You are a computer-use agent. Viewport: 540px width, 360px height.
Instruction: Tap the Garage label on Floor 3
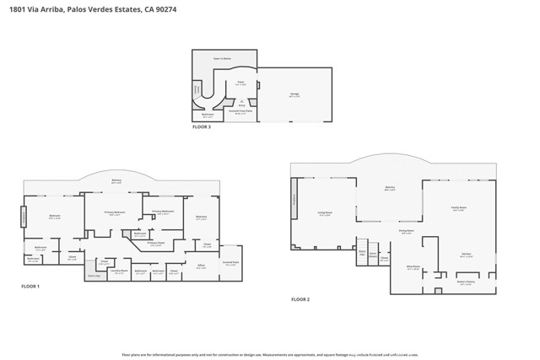click(294, 94)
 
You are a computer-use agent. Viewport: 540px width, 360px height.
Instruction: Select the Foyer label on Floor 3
click(240, 83)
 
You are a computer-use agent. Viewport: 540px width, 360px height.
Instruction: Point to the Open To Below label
click(223, 58)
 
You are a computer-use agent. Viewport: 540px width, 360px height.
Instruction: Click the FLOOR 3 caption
click(202, 126)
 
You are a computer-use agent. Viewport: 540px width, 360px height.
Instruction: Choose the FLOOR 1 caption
click(30, 287)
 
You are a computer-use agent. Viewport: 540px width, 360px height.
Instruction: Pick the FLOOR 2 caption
click(300, 299)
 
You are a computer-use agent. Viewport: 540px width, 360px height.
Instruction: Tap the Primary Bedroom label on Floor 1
click(115, 212)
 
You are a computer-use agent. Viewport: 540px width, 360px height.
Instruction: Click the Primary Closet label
click(155, 243)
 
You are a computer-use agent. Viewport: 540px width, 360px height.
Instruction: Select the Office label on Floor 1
click(202, 266)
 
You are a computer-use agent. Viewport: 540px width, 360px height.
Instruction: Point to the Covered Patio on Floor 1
click(230, 261)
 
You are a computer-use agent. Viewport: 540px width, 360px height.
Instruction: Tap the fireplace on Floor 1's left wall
click(24, 218)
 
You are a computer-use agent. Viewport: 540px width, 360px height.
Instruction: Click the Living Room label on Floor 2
click(325, 213)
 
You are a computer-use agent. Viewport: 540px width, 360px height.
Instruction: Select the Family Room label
click(459, 208)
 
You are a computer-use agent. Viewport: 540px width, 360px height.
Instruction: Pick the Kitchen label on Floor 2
click(465, 253)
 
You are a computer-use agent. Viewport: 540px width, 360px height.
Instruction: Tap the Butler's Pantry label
click(466, 282)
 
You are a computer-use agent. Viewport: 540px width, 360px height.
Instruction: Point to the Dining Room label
click(405, 230)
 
